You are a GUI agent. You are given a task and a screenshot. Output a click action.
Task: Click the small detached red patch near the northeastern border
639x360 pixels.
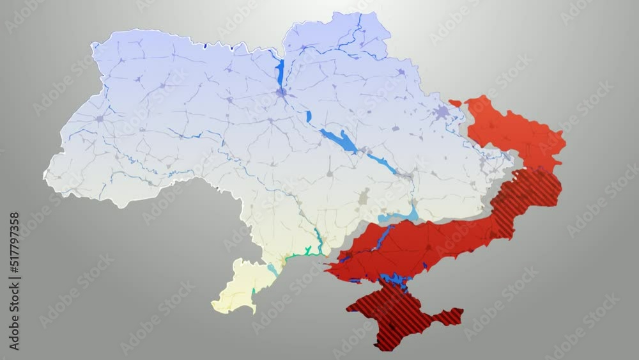point(455,103)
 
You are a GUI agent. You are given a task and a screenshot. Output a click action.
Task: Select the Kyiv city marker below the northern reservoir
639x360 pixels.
point(281,93)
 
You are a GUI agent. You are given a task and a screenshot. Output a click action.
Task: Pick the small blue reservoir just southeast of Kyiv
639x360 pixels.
point(309,116)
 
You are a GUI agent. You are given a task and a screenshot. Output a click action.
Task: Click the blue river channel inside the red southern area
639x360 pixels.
point(382,238)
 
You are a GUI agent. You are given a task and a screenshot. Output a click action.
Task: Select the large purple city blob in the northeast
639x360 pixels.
point(441,114)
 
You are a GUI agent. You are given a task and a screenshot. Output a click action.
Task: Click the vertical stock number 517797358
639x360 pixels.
point(14,281)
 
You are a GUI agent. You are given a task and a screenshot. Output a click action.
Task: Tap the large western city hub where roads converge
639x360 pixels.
point(99,118)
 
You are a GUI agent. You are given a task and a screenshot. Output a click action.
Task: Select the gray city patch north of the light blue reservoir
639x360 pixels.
point(364,197)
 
